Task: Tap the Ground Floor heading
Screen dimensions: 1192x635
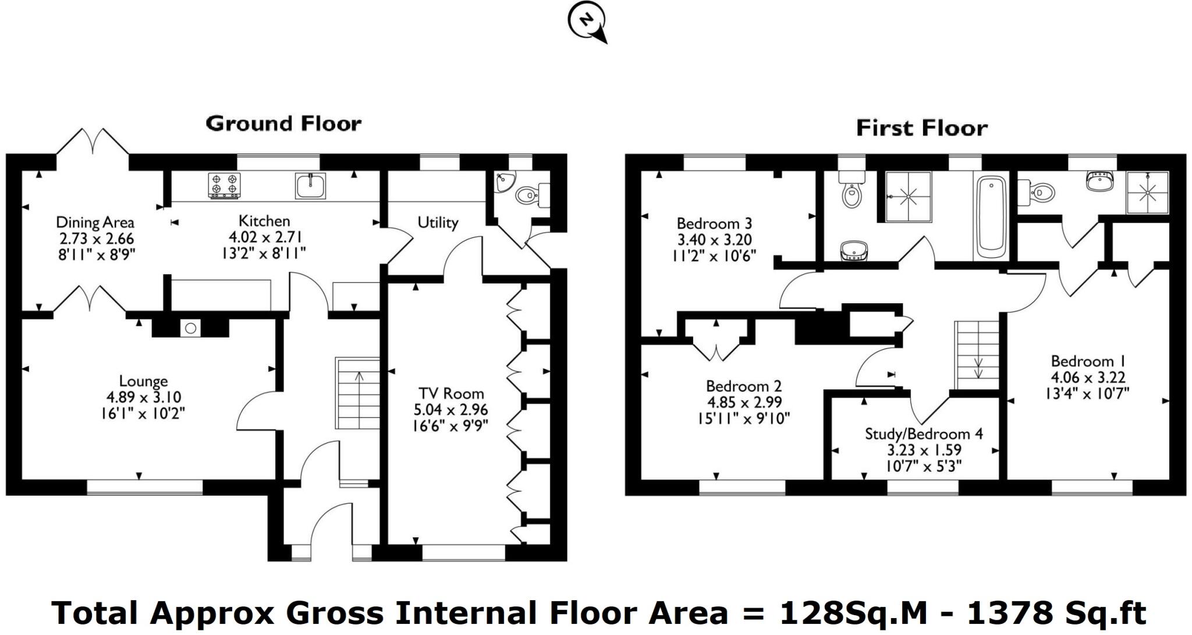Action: tap(283, 123)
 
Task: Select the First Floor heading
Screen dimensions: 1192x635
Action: tap(922, 128)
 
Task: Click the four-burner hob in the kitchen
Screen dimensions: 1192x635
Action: tap(224, 186)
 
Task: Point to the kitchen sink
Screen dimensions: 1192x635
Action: tap(310, 186)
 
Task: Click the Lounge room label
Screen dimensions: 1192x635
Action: tap(143, 381)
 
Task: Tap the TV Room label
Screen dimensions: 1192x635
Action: tap(451, 394)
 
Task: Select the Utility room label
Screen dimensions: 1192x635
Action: tap(438, 222)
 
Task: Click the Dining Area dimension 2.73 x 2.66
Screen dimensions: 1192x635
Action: tap(97, 239)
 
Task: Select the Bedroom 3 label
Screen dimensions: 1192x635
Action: tap(714, 224)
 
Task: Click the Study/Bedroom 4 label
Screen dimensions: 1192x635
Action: tap(924, 434)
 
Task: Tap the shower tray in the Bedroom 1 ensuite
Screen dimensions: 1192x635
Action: tap(1147, 193)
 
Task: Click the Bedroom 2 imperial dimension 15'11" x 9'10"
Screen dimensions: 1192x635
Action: tap(744, 418)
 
